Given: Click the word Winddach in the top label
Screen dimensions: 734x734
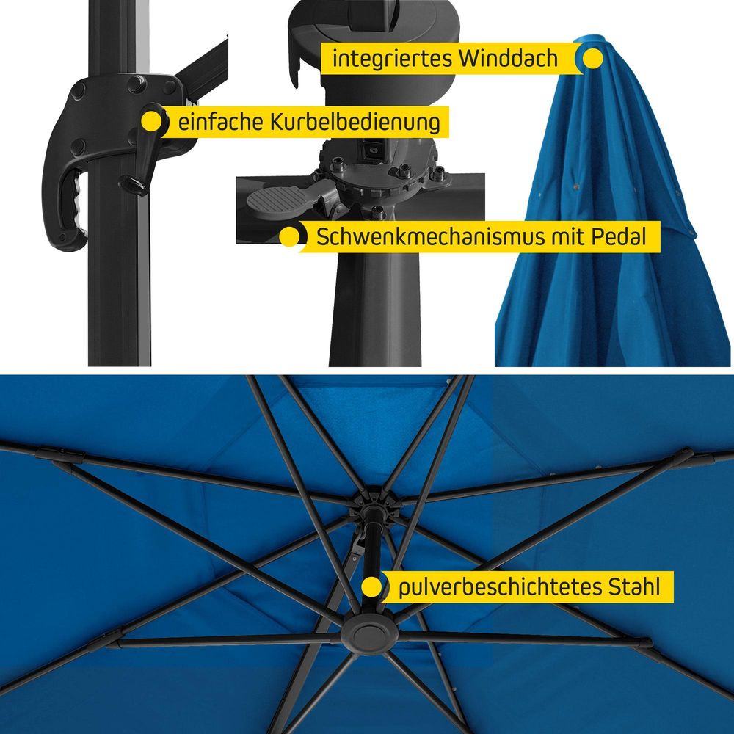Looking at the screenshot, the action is point(508,59).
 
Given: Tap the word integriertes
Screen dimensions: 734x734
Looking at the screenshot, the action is point(392,59).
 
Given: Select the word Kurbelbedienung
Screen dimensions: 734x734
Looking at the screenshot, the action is point(355,122).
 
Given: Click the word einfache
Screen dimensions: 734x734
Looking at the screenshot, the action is point(219,122).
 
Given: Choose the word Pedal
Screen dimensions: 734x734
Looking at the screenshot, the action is point(618,236).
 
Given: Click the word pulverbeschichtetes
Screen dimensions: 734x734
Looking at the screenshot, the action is point(500,586).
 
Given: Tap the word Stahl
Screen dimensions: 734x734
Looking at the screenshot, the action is point(634,586).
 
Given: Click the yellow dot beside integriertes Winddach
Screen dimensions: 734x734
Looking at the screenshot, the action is point(593,59).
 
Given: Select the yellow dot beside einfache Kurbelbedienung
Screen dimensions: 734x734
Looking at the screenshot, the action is point(151,122).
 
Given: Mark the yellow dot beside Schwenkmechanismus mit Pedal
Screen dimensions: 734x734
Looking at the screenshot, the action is point(289,236).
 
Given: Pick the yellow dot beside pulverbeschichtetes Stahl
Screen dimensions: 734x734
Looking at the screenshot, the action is point(371,586).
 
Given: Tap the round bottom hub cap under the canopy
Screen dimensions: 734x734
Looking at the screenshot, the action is point(369,634).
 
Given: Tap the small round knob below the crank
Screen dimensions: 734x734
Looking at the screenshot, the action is point(132,184).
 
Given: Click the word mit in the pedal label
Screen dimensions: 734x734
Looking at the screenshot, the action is point(567,236).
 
